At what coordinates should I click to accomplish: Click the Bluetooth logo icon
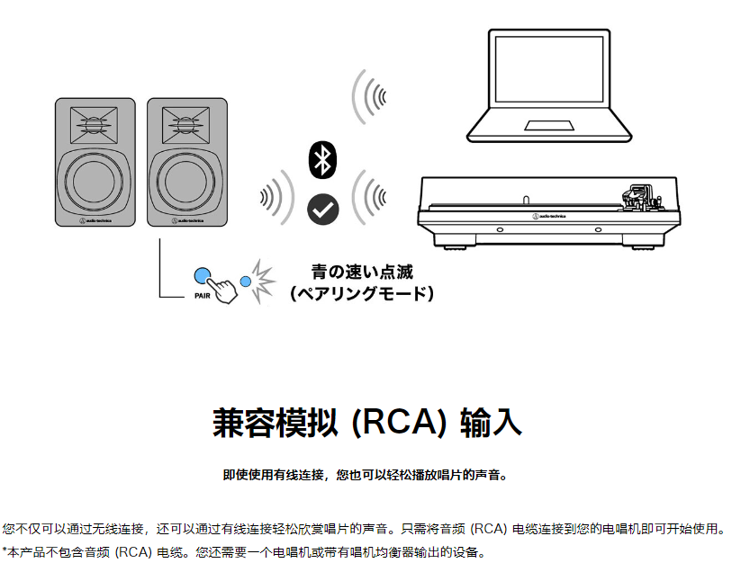322,159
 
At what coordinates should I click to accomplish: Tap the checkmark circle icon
322,209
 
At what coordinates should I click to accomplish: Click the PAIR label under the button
202,295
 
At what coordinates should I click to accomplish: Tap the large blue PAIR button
203,276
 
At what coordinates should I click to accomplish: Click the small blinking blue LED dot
245,281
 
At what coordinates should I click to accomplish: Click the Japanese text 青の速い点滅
362,273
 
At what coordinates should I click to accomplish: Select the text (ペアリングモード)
362,293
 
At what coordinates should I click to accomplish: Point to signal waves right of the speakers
275,197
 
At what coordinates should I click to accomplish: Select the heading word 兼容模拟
275,422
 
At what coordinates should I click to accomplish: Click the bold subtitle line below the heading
365,475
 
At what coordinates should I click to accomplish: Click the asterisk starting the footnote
5,551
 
